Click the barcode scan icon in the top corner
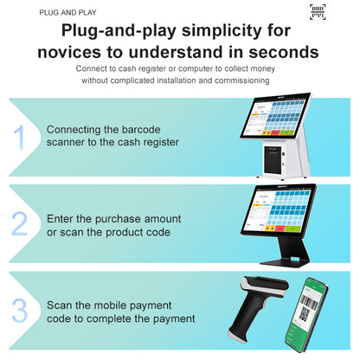click(x=318, y=12)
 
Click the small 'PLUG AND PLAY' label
click(x=67, y=13)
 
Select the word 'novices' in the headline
click(x=69, y=52)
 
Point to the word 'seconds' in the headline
click(x=284, y=52)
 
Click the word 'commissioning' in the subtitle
click(x=242, y=80)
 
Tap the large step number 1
click(x=20, y=137)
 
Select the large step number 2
click(x=19, y=223)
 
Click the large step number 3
click(x=20, y=310)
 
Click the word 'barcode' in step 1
click(x=141, y=130)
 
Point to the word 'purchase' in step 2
click(x=118, y=219)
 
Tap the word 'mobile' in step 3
click(x=111, y=305)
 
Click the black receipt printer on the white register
click(x=273, y=159)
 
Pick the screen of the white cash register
click(x=274, y=117)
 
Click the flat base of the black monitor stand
click(x=285, y=262)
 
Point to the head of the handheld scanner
click(x=265, y=287)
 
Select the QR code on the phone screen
click(x=304, y=314)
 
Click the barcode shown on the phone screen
click(x=309, y=301)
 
